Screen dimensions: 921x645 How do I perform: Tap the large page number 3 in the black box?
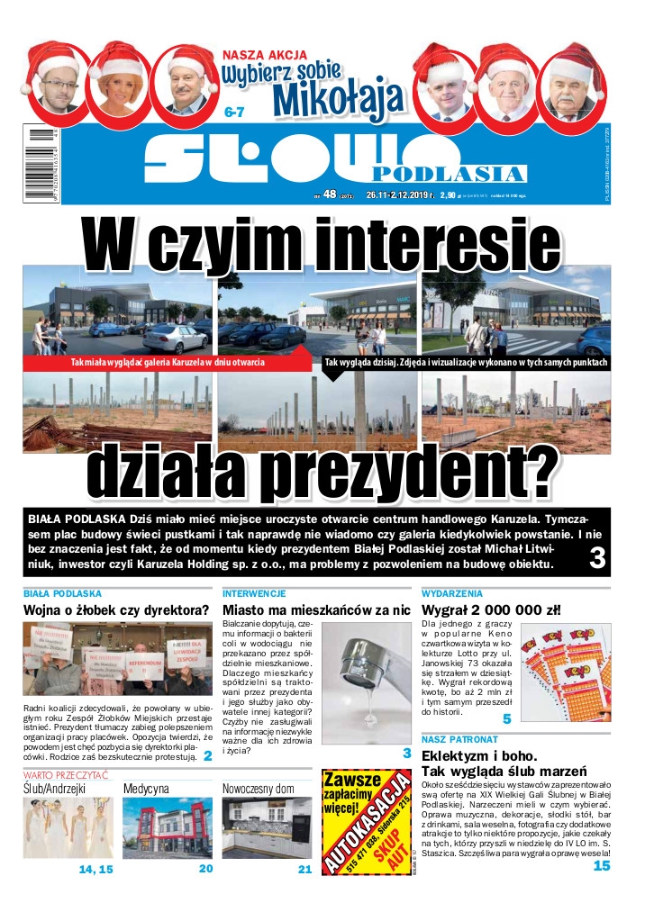tap(595, 559)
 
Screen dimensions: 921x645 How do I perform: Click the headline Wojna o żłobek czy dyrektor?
tap(116, 611)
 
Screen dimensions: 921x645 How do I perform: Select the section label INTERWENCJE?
tap(254, 594)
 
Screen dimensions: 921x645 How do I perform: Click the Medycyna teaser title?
tap(146, 789)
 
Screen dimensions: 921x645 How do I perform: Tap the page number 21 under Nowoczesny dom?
tap(304, 870)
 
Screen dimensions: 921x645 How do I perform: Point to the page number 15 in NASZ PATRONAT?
tap(601, 866)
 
